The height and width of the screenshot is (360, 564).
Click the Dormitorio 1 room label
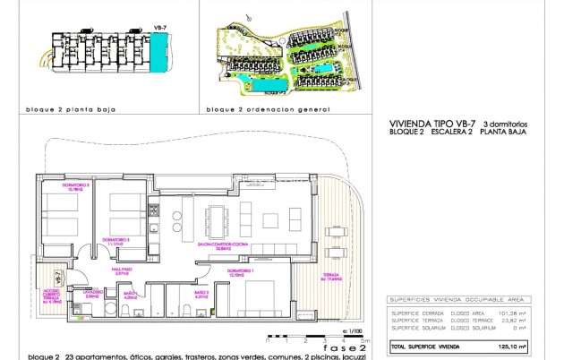[238, 270]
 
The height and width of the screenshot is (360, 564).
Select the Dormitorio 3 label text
[115, 239]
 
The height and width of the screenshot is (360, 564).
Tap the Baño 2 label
[202, 292]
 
